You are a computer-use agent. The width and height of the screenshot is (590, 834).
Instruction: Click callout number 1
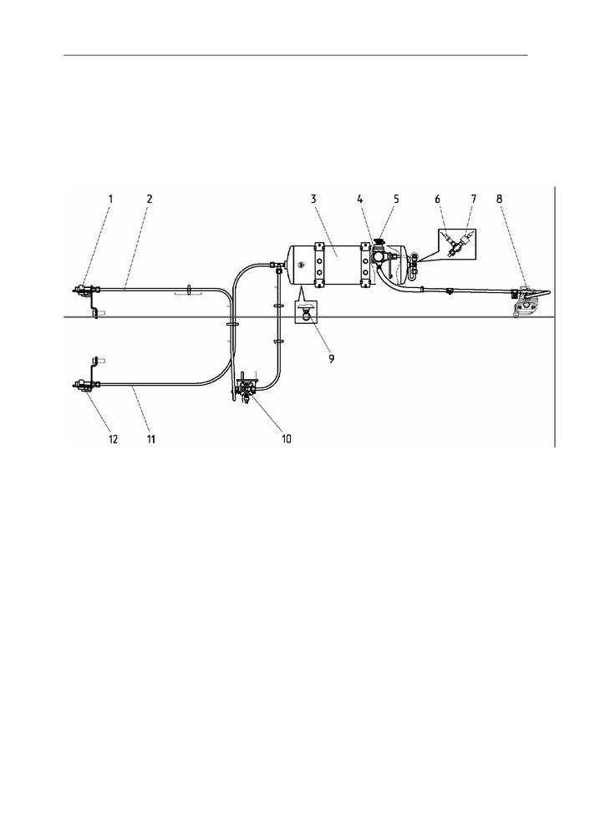pyautogui.click(x=111, y=199)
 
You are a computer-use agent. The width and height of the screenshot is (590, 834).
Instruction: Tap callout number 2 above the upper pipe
pyautogui.click(x=150, y=199)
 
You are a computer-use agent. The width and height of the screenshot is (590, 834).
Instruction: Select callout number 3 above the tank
pyautogui.click(x=314, y=199)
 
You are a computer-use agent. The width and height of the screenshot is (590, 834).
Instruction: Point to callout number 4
pyautogui.click(x=360, y=199)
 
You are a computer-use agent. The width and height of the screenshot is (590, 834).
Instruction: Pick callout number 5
pyautogui.click(x=396, y=199)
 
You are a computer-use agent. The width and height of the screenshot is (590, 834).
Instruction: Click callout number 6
pyautogui.click(x=438, y=199)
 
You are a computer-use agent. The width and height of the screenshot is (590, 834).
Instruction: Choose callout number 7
pyautogui.click(x=473, y=199)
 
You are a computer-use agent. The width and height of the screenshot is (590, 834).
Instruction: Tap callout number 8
pyautogui.click(x=499, y=199)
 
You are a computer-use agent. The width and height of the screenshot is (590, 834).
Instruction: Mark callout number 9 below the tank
pyautogui.click(x=331, y=358)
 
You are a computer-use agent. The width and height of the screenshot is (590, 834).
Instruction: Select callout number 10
pyautogui.click(x=287, y=439)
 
